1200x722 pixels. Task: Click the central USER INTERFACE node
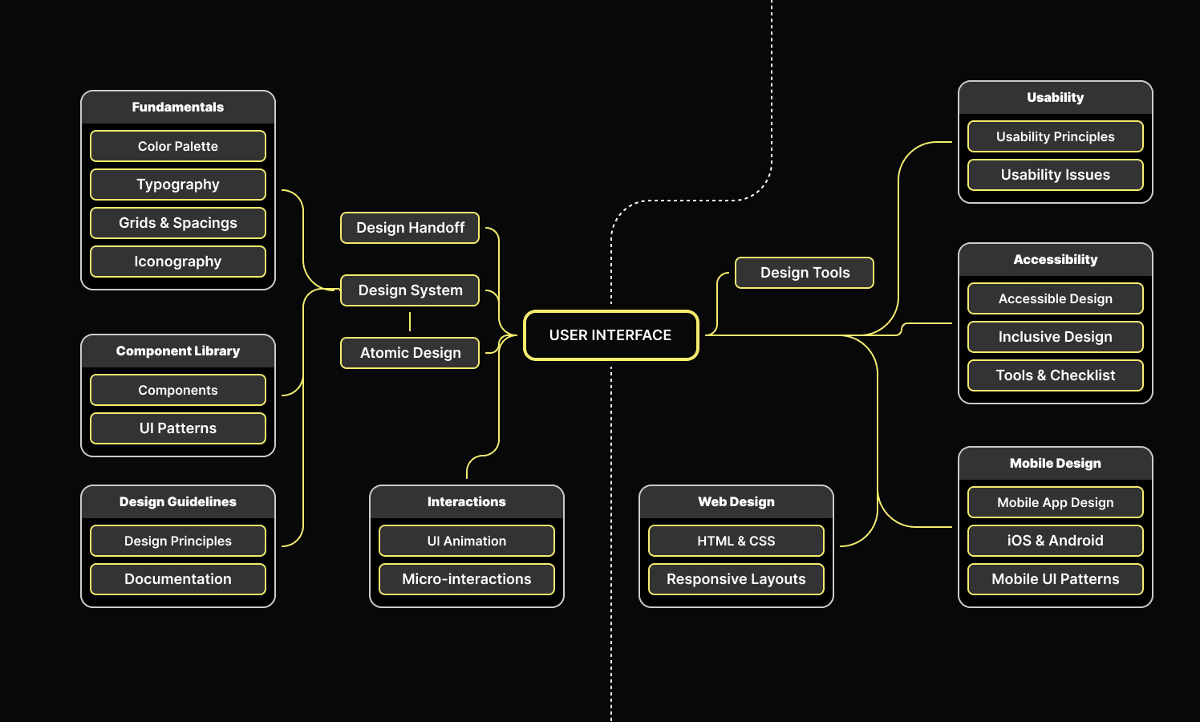(610, 335)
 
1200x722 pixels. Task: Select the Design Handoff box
(410, 228)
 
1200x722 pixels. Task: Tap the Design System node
(410, 290)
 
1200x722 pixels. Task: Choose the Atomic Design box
(410, 353)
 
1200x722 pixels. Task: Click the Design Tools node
(805, 273)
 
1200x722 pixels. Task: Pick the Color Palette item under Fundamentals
(178, 146)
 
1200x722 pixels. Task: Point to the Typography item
(178, 185)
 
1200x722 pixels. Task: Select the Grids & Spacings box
(178, 223)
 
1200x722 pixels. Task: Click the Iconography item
(178, 262)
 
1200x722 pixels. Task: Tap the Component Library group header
(178, 351)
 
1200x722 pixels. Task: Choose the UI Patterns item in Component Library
(178, 428)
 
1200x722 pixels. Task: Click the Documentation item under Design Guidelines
(178, 579)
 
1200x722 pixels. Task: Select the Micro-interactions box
(467, 579)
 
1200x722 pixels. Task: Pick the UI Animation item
(467, 541)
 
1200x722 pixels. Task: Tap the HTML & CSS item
(736, 541)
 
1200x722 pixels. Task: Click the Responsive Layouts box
(736, 579)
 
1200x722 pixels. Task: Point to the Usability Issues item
(1056, 175)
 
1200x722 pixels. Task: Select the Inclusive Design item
(1056, 337)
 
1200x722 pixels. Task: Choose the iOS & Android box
(1056, 541)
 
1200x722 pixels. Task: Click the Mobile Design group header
(1056, 464)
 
